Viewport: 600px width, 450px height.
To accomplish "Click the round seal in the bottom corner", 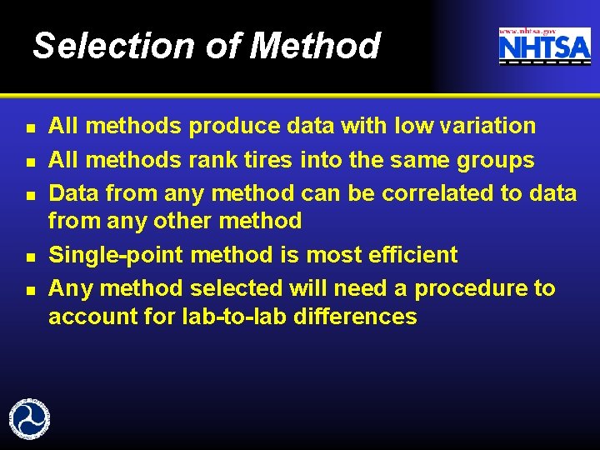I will [29, 419].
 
